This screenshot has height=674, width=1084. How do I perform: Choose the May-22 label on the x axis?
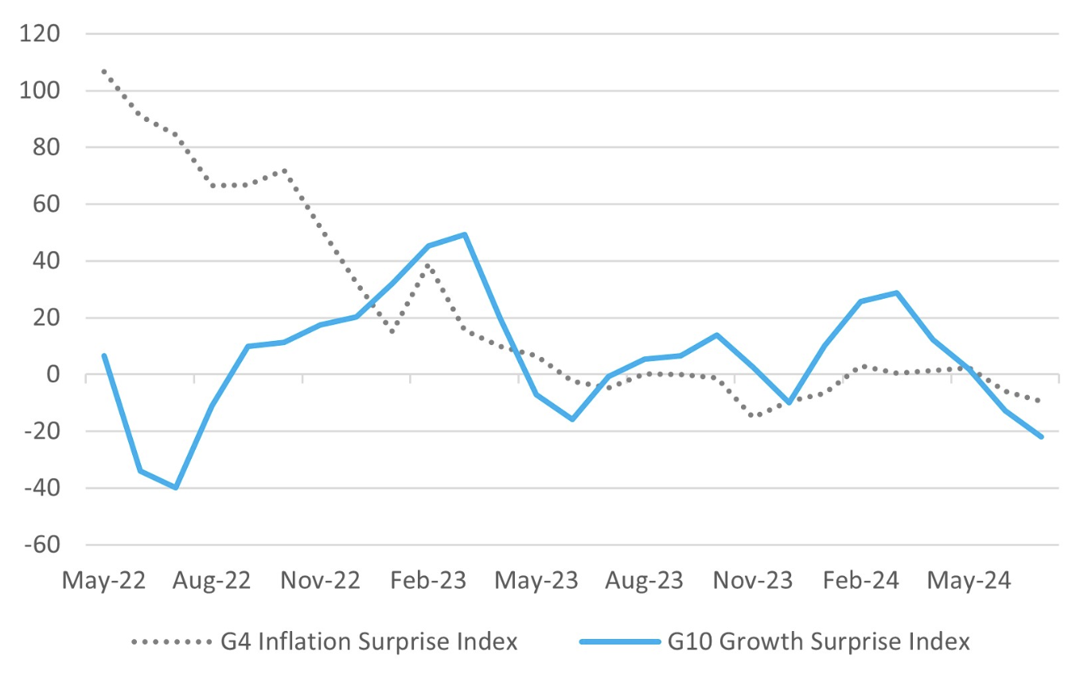coord(103,581)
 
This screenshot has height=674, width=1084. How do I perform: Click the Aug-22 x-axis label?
coord(212,581)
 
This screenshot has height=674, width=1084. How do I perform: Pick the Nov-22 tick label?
coord(321,581)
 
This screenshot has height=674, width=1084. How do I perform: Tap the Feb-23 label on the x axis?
coord(429,581)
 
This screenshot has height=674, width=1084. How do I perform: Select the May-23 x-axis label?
coord(536,581)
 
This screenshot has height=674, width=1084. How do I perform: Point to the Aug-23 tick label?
coord(644,581)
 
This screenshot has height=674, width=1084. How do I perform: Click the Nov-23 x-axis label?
coord(753,581)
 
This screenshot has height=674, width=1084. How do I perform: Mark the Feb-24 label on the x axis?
coord(860,581)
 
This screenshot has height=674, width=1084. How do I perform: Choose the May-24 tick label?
coord(969,581)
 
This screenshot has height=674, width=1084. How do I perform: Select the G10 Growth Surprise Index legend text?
coord(819,641)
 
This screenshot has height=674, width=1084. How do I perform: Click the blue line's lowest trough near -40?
coord(175,488)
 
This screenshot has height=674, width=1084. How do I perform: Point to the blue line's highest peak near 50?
coord(464,234)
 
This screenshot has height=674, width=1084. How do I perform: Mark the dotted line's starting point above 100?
coord(103,71)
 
